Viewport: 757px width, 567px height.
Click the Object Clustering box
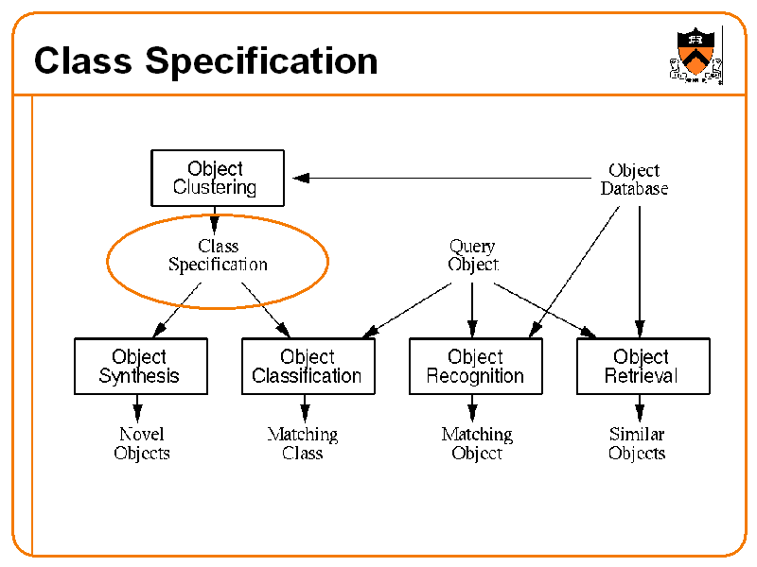pos(217,178)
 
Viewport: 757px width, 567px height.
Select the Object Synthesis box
pos(140,366)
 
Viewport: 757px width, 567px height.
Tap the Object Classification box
pos(308,366)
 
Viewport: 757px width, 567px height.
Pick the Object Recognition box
pos(475,366)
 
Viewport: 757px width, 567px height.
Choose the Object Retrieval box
pos(643,366)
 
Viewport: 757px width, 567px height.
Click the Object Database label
pos(634,179)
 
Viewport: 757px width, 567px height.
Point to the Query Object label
pos(472,255)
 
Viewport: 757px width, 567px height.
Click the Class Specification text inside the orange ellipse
pos(218,255)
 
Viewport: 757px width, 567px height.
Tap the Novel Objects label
pos(141,443)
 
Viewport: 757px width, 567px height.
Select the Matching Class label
pos(303,443)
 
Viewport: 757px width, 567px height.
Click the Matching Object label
pos(476,443)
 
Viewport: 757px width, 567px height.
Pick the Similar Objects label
pos(637,443)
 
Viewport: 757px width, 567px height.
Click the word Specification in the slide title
pos(261,61)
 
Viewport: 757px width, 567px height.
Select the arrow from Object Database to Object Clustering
pos(445,178)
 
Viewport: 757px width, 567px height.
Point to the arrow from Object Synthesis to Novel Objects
pos(138,408)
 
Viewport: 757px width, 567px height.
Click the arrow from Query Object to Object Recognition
pos(472,306)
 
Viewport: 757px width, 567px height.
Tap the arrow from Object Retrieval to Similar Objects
pos(640,408)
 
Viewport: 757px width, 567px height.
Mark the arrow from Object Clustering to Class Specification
pos(215,221)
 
